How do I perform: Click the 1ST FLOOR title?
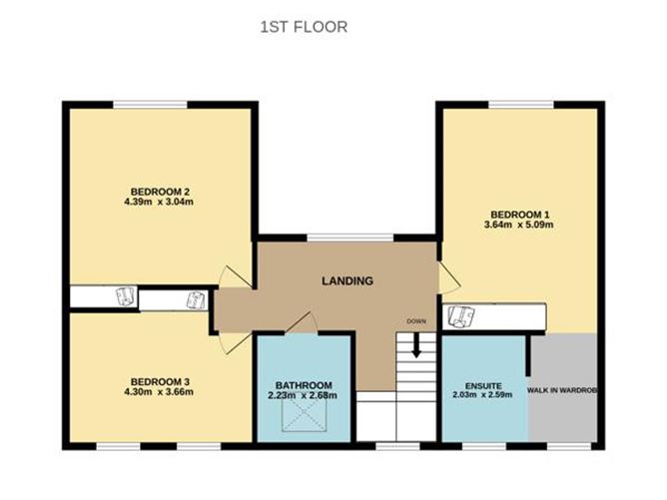304,27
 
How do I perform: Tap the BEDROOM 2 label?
160,192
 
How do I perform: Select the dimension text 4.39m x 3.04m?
160,203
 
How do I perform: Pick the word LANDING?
346,281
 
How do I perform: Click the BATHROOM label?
304,385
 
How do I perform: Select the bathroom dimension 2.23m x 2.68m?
304,396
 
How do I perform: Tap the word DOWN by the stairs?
416,321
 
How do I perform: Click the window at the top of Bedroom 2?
149,104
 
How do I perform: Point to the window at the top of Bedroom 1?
521,104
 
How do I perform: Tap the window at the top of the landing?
349,238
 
